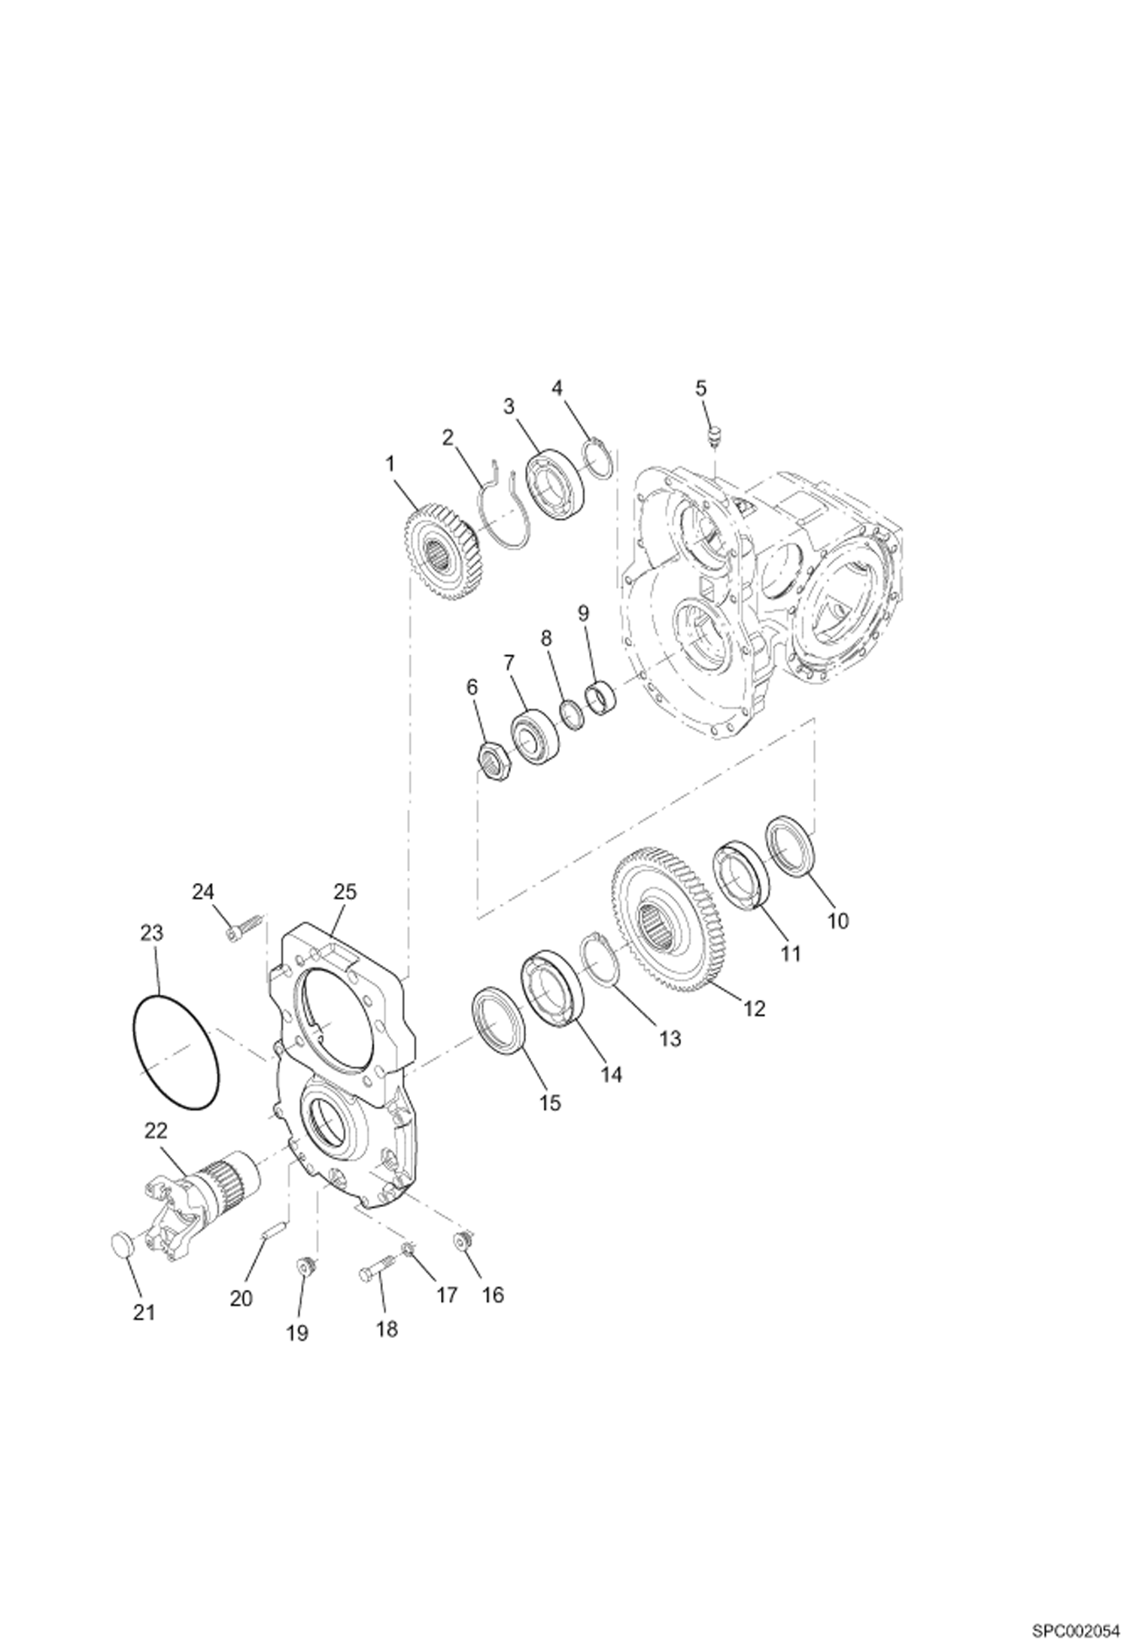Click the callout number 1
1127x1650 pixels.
point(390,464)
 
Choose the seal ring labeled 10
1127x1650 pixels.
point(790,845)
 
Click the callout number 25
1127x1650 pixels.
point(345,892)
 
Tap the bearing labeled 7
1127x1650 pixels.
point(534,732)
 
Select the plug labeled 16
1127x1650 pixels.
point(462,1243)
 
